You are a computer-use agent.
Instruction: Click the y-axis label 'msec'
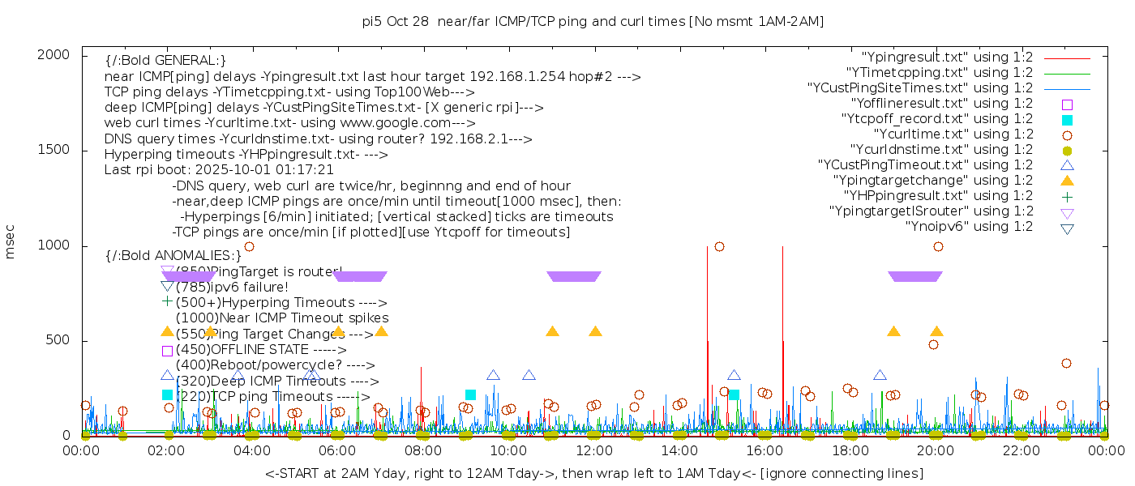coord(11,241)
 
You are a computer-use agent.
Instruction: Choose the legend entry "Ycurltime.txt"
coord(953,134)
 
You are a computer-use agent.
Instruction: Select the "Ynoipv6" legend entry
coord(969,227)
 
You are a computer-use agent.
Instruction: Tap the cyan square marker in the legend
coord(1067,120)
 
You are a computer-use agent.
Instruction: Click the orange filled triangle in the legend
coord(1067,180)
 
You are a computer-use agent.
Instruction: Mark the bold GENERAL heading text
coord(165,61)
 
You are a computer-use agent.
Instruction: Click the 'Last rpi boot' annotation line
coord(219,170)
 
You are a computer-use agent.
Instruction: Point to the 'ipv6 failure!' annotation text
coord(232,287)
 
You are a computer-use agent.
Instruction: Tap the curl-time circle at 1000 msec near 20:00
coord(938,246)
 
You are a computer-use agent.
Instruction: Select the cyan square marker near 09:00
coord(470,394)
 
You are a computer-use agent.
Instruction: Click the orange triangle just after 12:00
coord(595,331)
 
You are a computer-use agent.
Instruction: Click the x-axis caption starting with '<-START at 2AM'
coord(593,473)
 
